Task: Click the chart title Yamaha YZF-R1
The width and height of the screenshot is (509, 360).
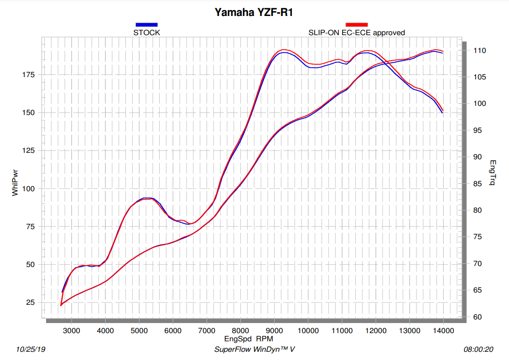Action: click(254, 13)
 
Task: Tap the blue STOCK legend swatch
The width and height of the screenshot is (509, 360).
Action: click(146, 25)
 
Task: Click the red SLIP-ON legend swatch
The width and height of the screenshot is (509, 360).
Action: click(357, 25)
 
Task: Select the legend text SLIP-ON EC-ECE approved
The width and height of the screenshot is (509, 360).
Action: click(357, 32)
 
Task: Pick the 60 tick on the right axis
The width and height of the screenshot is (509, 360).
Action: click(477, 317)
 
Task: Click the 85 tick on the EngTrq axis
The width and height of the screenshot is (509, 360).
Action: click(477, 184)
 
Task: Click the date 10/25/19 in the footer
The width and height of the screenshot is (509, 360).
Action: click(31, 350)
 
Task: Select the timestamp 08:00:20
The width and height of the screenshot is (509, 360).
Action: click(478, 350)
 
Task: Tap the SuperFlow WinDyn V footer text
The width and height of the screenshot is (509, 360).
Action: click(255, 350)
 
